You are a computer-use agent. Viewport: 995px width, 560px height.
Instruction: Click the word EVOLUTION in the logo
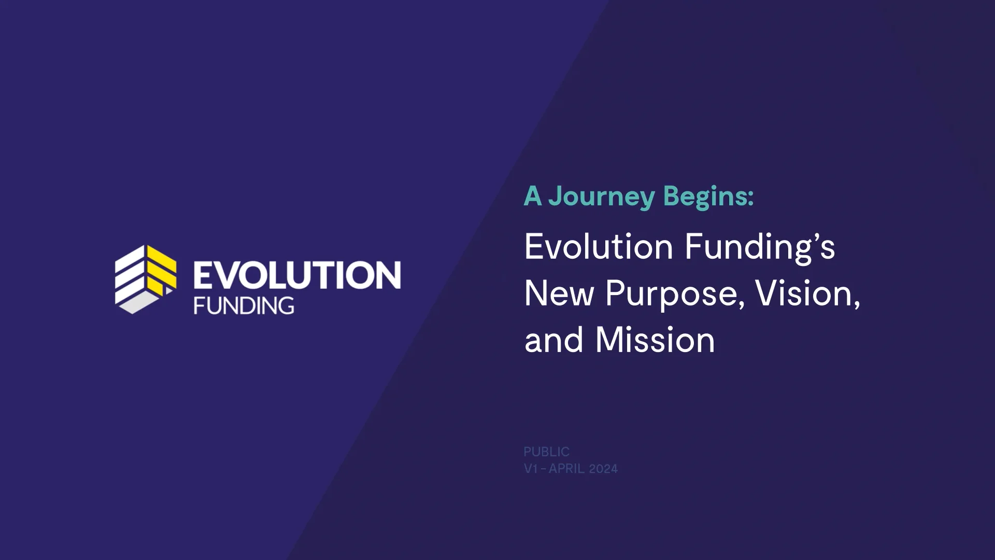(297, 275)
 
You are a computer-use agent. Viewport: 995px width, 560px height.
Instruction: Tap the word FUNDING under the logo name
(244, 306)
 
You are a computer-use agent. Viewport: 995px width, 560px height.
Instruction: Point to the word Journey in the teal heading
(602, 197)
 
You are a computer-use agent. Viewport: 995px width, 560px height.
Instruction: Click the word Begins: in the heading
(708, 196)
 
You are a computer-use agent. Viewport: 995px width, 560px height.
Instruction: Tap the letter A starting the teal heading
(532, 196)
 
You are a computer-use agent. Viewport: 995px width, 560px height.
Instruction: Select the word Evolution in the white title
(599, 246)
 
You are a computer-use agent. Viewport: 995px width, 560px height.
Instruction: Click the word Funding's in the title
(760, 247)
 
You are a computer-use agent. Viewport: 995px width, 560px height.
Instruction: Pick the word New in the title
(559, 293)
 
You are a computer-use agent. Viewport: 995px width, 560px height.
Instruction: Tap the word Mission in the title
(655, 340)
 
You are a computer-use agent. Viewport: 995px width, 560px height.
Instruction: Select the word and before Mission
(554, 340)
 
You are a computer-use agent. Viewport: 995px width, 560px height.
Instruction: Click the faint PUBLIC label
(546, 452)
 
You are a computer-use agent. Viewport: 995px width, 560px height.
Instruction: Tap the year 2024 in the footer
(604, 469)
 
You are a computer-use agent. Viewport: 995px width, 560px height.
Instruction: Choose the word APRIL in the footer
(566, 469)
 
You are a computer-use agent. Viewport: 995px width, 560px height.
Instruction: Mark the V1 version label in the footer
(531, 469)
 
